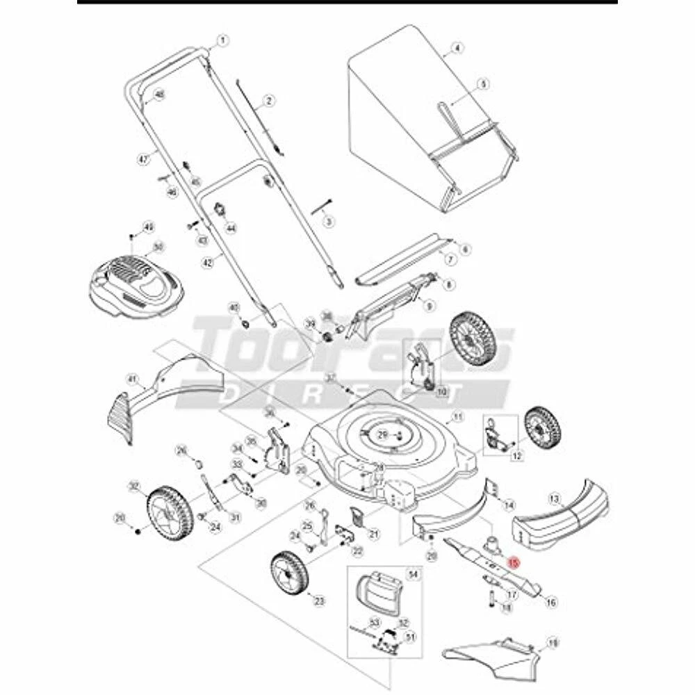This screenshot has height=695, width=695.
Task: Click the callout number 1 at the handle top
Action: [223, 40]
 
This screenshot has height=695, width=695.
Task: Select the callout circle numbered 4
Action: [457, 49]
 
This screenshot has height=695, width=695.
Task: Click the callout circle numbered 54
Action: [413, 574]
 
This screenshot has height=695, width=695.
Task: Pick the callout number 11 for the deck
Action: [457, 417]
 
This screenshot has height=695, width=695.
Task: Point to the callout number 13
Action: [555, 498]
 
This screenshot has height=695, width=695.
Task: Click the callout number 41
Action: [129, 379]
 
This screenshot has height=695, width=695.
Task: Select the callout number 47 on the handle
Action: [145, 159]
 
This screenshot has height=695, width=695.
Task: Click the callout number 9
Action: [429, 305]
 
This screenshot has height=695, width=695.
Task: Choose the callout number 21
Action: [374, 534]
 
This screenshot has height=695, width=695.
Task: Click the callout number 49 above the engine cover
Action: [147, 227]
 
